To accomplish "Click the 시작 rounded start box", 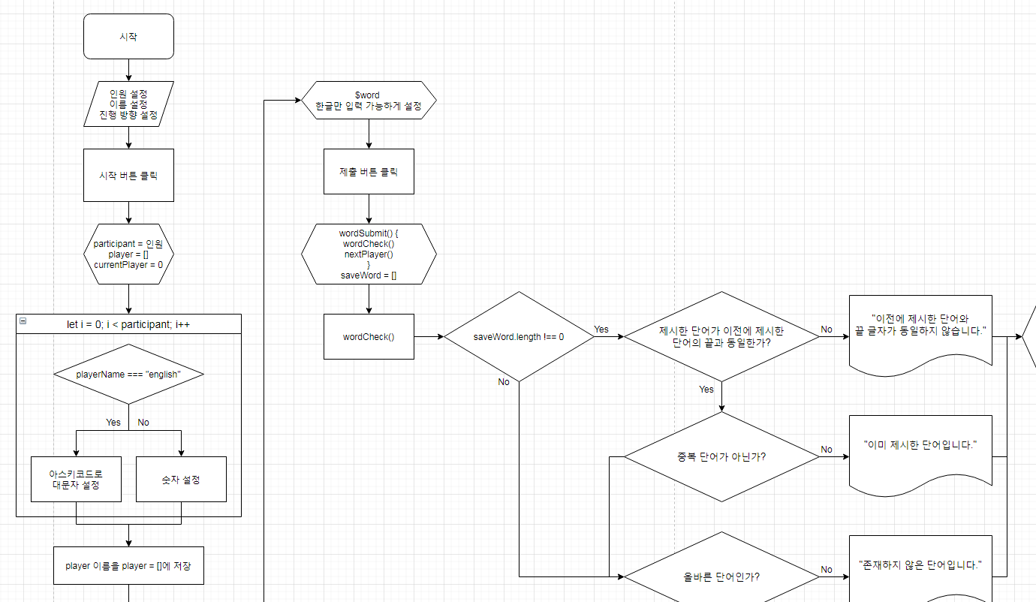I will [128, 36].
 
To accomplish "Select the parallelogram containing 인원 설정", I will [128, 104].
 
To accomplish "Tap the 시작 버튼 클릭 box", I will [128, 175].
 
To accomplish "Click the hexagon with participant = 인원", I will [128, 254].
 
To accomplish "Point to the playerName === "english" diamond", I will [128, 374].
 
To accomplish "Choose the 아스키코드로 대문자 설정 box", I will [76, 479].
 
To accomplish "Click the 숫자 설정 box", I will [181, 479].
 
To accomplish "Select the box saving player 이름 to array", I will [128, 565].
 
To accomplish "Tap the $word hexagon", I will [368, 101].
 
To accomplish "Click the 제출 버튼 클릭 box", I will [369, 171].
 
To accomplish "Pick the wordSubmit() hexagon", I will [369, 254].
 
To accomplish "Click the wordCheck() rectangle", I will [369, 336].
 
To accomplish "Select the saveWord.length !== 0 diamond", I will [519, 337].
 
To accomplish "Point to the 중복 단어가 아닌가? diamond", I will [721, 456].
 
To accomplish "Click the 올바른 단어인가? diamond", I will [721, 576].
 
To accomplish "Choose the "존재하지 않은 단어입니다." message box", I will [920, 567].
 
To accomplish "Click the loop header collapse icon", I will [23, 321].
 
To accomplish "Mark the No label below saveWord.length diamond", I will [504, 382].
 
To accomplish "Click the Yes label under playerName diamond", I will [113, 422].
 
